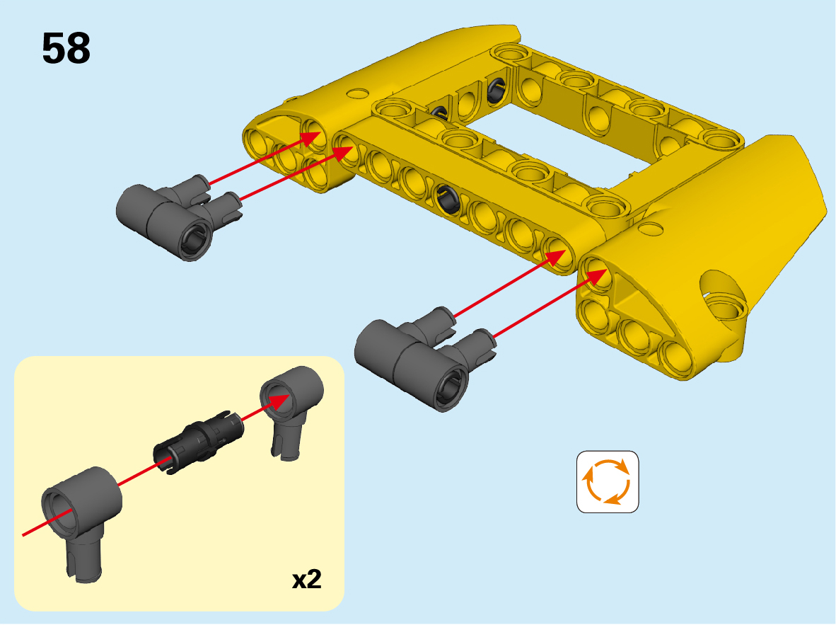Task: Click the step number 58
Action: [66, 48]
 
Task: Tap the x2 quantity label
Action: [306, 579]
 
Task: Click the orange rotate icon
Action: [608, 481]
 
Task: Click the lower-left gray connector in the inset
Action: [81, 517]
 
